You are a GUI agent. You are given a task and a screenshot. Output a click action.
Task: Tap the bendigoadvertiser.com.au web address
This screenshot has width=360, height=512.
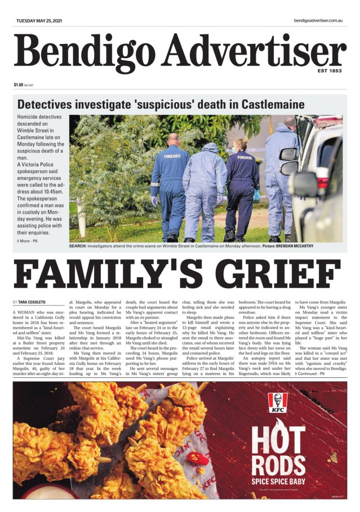[318, 20]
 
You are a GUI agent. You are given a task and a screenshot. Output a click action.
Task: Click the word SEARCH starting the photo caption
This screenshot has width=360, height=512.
[77, 246]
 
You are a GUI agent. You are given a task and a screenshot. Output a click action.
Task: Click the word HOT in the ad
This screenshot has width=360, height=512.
[278, 442]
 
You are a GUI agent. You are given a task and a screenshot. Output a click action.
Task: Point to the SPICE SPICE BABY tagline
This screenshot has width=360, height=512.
[278, 481]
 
